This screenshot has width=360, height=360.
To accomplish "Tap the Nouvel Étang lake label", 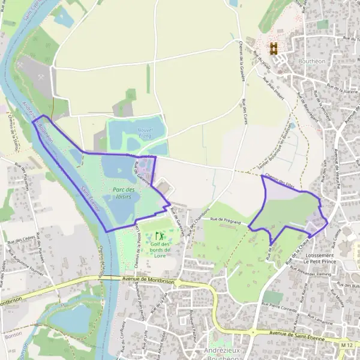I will click(x=145, y=133).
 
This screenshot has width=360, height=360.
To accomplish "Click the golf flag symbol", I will click(x=159, y=234).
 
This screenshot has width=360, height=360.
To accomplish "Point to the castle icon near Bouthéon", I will click(x=274, y=49).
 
